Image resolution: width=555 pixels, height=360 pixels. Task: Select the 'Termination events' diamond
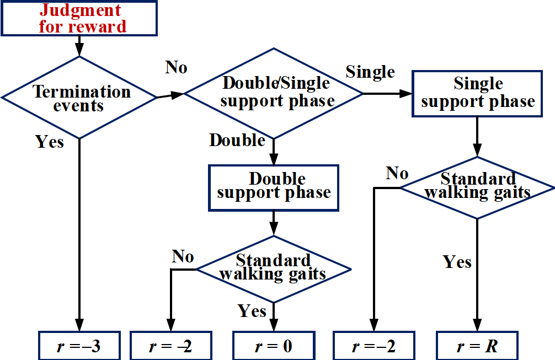[79, 98]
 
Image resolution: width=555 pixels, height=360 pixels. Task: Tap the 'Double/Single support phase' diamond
[274, 93]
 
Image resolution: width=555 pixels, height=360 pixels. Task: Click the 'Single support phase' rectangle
[478, 93]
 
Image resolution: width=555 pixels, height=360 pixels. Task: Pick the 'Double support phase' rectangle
[274, 186]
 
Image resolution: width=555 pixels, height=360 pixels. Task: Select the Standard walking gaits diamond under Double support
[274, 268]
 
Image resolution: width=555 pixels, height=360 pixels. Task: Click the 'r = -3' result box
[79, 346]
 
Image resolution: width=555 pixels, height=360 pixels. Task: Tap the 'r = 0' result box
[273, 346]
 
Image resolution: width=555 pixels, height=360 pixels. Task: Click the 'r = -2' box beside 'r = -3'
[170, 346]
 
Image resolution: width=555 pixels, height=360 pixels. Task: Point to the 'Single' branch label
[370, 72]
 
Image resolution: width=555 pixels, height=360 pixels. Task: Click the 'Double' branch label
[237, 140]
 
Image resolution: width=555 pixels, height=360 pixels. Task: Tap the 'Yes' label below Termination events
[50, 142]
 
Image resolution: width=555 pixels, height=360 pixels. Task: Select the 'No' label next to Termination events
[176, 67]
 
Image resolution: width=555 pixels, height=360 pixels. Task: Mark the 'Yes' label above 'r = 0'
[252, 311]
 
